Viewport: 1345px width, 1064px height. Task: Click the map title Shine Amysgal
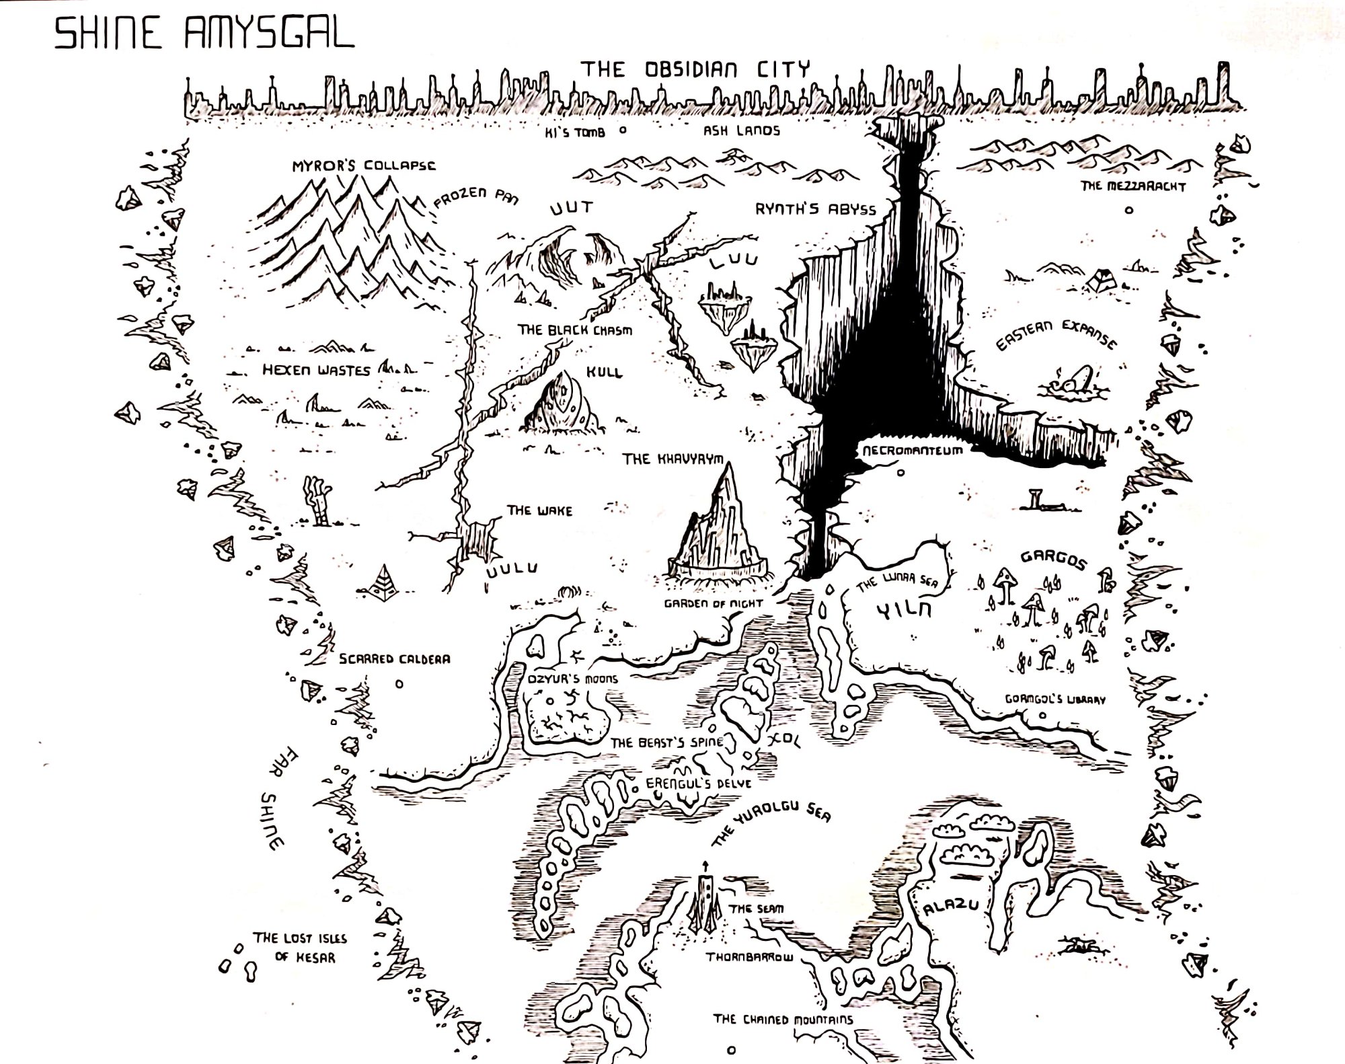pos(204,34)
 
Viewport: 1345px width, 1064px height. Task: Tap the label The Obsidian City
pos(695,69)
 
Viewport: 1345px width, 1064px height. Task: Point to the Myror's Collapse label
pos(363,165)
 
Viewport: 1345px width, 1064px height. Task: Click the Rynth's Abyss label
pos(815,209)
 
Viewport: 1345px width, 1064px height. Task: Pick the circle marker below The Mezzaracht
pos(1129,210)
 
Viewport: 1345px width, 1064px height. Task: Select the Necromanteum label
pos(913,450)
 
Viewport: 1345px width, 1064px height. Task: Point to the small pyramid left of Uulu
pos(385,580)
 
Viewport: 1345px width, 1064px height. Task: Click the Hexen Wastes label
pos(316,370)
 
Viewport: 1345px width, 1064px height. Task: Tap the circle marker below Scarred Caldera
pos(399,684)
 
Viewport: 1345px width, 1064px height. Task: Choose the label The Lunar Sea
pos(897,582)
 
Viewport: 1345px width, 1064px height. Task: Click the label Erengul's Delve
pos(698,784)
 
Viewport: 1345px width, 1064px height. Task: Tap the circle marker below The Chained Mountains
pos(732,1049)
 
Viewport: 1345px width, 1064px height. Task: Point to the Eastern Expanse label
pos(1056,334)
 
